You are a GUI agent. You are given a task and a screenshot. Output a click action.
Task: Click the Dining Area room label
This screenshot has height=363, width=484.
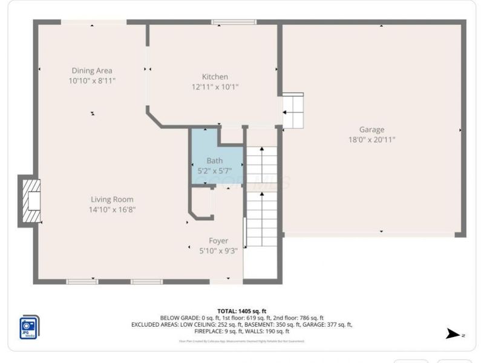(92, 70)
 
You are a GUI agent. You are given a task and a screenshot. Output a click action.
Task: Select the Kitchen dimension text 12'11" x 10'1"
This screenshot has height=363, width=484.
(215, 87)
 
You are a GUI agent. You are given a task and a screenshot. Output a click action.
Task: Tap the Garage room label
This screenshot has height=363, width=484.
(371, 129)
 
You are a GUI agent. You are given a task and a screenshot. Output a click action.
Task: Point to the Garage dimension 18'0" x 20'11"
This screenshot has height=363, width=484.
(371, 139)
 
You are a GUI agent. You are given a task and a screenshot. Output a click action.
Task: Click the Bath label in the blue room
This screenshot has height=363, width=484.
(215, 160)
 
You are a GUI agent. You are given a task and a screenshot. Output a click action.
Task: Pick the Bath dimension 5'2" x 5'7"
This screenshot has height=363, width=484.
(215, 170)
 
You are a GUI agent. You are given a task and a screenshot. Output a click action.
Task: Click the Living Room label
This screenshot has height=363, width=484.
(112, 199)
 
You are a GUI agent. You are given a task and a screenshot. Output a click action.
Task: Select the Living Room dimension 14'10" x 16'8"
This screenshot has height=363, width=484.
(112, 209)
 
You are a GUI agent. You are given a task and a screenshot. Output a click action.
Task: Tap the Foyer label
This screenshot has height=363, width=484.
(218, 240)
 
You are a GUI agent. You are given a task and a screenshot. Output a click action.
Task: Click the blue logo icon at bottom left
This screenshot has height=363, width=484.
(29, 327)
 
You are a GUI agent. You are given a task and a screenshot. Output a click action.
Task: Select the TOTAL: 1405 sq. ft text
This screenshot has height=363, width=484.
(242, 311)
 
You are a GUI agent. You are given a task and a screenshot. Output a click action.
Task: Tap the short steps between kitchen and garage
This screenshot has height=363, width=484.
(293, 111)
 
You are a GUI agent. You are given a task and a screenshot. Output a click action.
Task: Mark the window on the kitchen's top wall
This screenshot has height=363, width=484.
(225, 22)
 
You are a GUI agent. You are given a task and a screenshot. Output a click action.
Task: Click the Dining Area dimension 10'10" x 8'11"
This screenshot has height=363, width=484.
(92, 80)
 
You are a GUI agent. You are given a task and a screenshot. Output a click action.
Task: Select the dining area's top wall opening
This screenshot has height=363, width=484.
(94, 22)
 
